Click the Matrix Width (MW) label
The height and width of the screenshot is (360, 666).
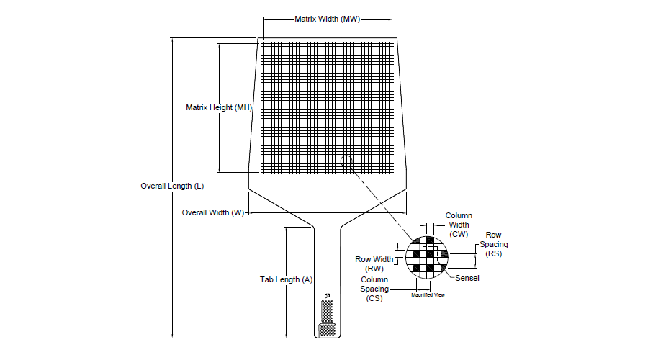pos(327,19)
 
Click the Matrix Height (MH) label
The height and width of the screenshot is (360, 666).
pos(219,107)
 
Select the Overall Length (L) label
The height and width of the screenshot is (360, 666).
pos(172,186)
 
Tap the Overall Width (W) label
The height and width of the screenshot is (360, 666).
pos(213,212)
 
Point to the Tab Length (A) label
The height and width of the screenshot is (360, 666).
pos(287,279)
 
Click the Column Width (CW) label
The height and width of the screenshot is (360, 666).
pos(459,225)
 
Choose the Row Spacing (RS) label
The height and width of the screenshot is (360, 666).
pos(493,244)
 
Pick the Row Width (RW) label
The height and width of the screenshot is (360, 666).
pos(374,264)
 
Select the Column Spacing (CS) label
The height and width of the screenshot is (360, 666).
pos(374,289)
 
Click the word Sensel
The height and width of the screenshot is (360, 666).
pos(467,278)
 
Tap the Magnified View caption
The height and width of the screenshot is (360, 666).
pos(428,294)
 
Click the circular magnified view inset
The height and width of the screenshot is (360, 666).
pos(427,257)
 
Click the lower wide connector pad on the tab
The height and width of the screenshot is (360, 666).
pos(328,330)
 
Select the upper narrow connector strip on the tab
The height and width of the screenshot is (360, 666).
pos(327,311)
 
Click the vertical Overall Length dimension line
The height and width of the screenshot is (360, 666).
pos(173,188)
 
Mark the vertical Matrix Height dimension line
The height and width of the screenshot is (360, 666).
pos(219,108)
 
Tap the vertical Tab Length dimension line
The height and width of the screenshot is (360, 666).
pos(287,282)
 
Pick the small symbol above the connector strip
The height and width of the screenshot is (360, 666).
pos(328,295)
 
